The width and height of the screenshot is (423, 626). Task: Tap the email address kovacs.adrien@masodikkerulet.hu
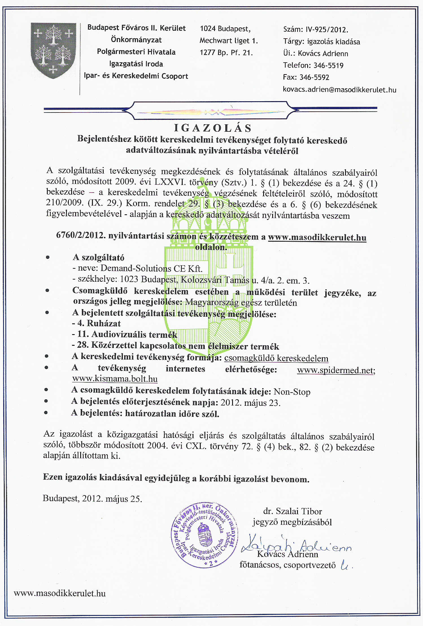pos(339,90)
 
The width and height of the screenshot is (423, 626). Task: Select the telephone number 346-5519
pos(328,65)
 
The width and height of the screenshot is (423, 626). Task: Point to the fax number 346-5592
pos(314,77)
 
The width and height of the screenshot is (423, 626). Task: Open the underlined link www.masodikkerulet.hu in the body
pos(317,237)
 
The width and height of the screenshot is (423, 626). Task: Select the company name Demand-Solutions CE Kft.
pos(151,268)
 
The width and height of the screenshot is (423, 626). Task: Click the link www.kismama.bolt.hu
pos(115,379)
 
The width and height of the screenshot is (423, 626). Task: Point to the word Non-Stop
pos(292,392)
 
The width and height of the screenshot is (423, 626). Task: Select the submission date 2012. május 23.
pos(250,403)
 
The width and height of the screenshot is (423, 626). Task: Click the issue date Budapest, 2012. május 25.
pos(92,498)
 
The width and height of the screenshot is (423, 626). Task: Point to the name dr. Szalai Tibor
pos(292,511)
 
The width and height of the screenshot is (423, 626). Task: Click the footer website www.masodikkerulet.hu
pos(60,593)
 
